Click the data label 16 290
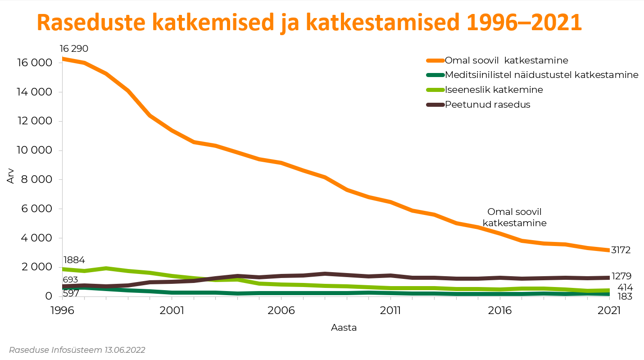[x=74, y=49]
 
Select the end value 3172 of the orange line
[x=621, y=250]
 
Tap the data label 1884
[x=74, y=260]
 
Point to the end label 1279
[x=622, y=276]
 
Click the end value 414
[x=625, y=287]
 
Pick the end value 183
[x=625, y=296]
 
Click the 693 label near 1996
[x=70, y=279]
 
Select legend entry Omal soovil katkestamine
[x=506, y=60]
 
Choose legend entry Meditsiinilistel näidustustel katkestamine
[x=541, y=75]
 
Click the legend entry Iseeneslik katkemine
[x=494, y=90]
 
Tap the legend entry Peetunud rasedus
[x=487, y=105]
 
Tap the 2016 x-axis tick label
[x=499, y=310]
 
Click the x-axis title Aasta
[x=344, y=328]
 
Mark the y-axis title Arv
[x=11, y=176]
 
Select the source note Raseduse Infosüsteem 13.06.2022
[x=77, y=350]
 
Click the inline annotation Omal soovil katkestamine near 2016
[x=514, y=217]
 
